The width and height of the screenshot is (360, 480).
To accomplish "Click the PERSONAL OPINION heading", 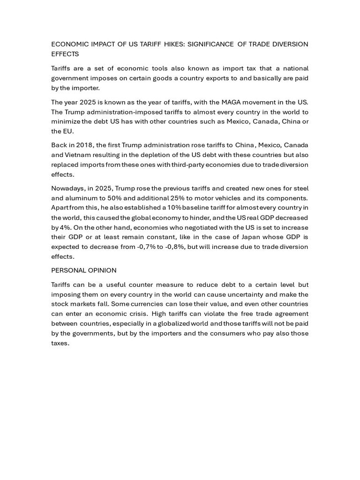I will click(x=84, y=270).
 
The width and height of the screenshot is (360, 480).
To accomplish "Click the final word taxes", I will click(x=60, y=343).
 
